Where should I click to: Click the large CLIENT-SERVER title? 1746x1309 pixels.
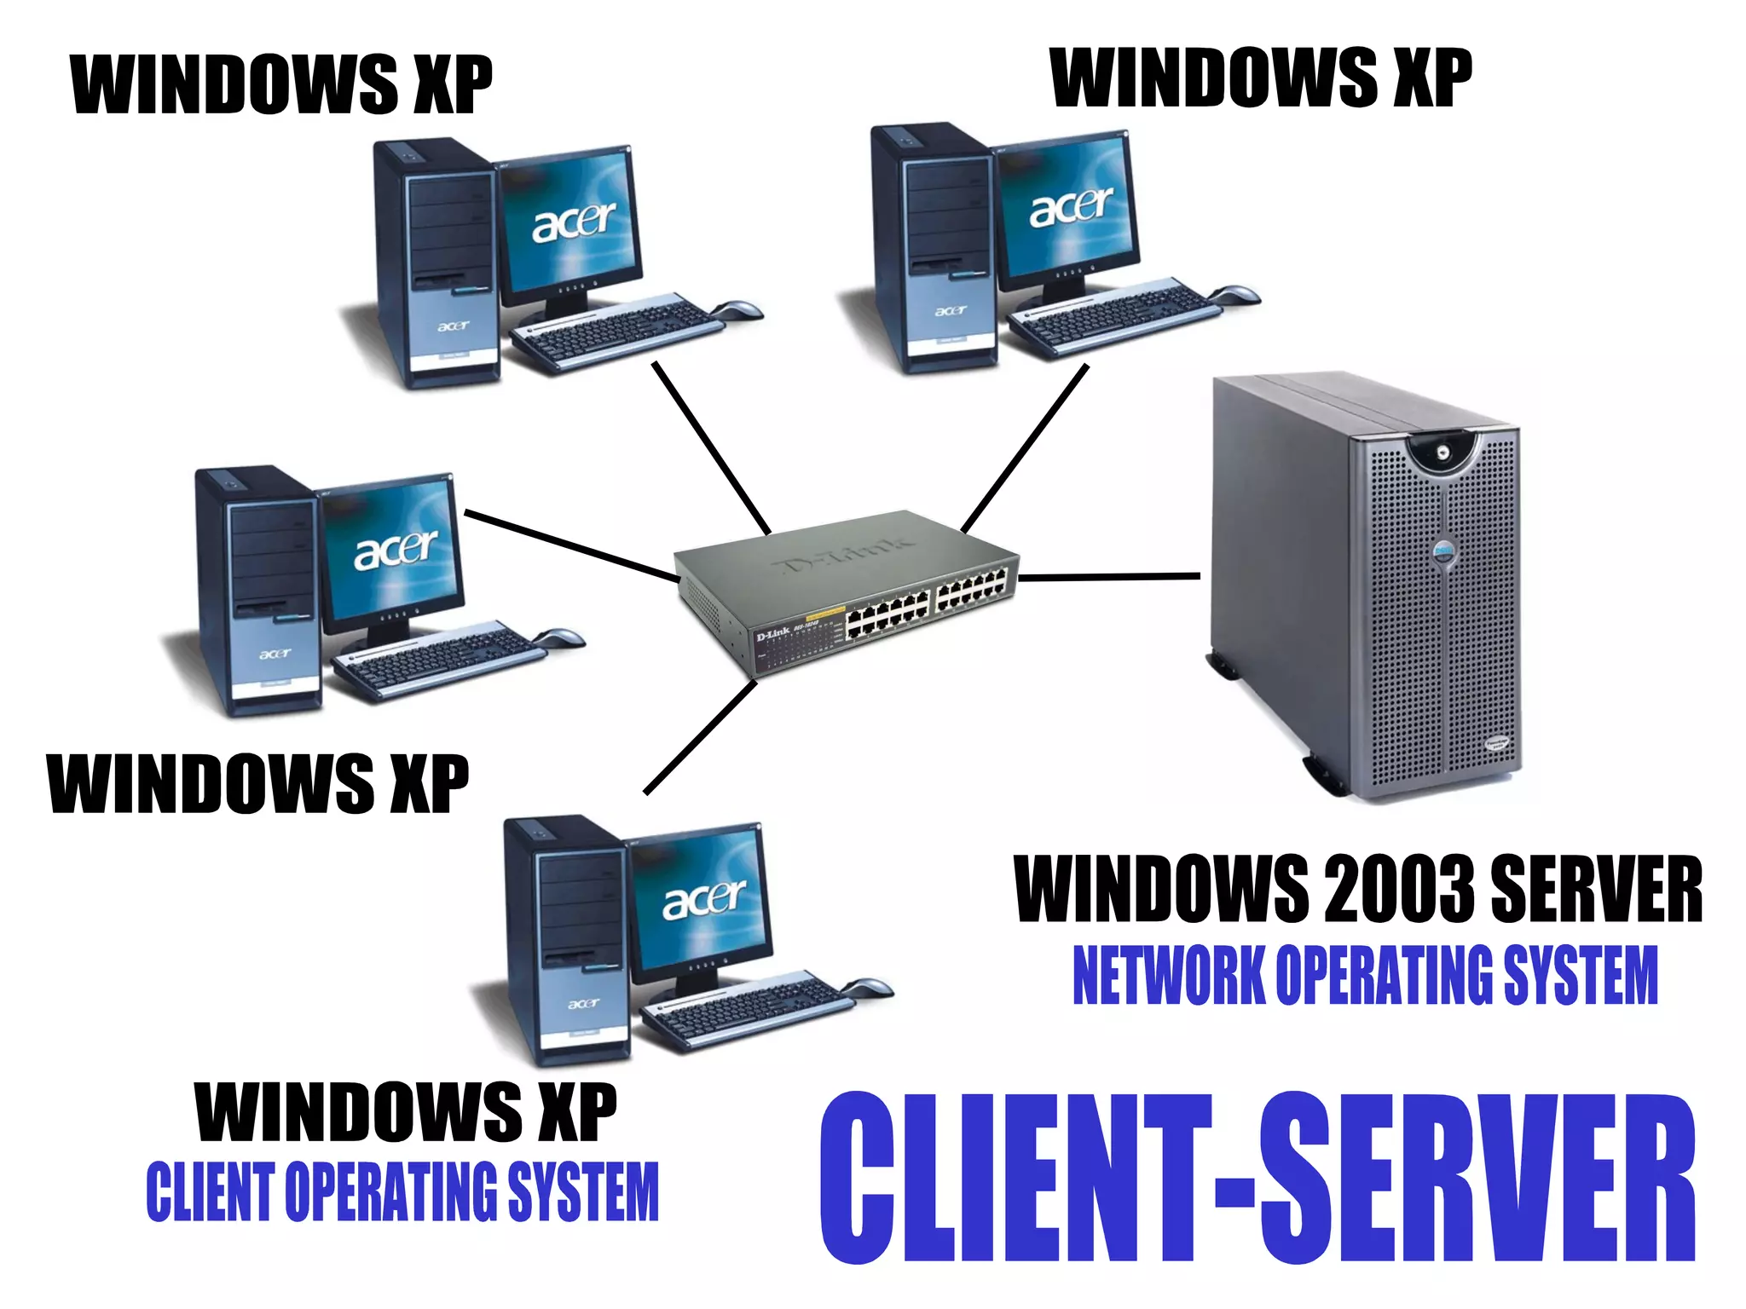(x=1257, y=1178)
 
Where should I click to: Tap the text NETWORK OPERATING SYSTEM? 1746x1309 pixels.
(x=1364, y=976)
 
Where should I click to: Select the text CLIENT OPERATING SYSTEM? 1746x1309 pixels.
(x=402, y=1191)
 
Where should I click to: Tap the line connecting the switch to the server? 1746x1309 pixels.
(x=1108, y=577)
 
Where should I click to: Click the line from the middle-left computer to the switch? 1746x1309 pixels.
(x=571, y=546)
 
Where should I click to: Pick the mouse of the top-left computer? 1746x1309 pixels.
(x=738, y=309)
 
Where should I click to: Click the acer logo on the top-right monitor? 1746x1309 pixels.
(x=1071, y=207)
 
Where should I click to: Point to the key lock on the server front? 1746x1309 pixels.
(x=1442, y=453)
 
